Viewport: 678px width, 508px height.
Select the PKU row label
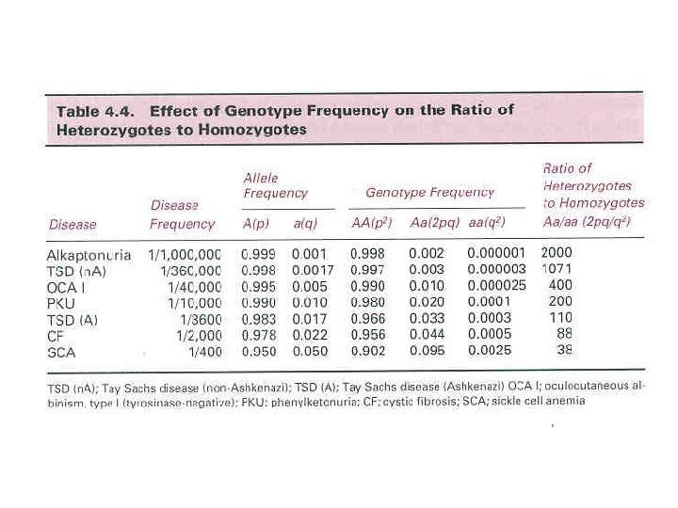pos(63,304)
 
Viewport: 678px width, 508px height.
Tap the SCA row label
pos(63,352)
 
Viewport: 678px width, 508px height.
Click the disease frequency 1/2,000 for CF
pos(197,336)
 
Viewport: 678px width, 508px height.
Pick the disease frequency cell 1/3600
pos(199,320)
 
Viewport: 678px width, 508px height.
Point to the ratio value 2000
pos(557,252)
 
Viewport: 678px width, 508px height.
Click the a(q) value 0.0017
pos(311,271)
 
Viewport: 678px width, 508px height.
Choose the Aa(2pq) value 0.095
pos(427,352)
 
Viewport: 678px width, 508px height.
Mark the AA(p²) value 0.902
pos(369,352)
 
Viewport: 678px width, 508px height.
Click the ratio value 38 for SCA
pos(564,350)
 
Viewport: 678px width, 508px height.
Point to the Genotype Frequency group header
pos(429,192)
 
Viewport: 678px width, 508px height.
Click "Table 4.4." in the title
pos(96,111)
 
